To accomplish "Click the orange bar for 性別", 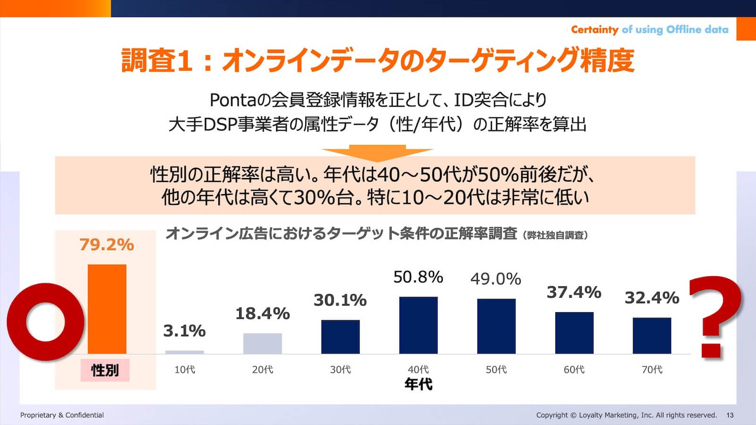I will click(107, 309).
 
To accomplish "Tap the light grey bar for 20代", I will click(262, 343).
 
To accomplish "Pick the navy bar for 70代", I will click(652, 335).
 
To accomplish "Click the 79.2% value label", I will click(107, 245).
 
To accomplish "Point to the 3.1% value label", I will click(184, 331).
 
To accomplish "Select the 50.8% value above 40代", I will click(418, 277).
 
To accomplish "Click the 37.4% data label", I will click(574, 292).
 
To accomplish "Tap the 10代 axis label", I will click(184, 370).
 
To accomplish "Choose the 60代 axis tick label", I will click(574, 370).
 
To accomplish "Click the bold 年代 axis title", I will click(418, 384).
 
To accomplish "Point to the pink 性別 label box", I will click(104, 370).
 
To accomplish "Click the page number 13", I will click(730, 415).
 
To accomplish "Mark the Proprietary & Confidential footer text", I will click(62, 415).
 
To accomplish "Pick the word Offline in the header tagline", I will click(683, 30).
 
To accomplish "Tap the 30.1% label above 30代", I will click(340, 300).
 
